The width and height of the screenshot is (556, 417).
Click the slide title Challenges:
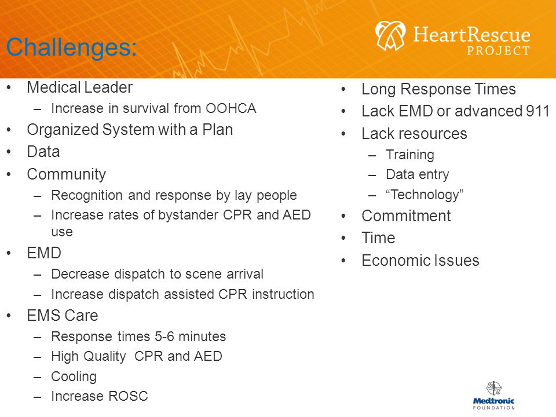pos(71,47)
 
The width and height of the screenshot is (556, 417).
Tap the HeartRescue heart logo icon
pos(390,35)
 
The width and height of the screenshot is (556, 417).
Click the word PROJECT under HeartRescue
pos(498,51)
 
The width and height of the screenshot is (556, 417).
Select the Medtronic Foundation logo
pos(493,396)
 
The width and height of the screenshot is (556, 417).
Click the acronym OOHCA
pos(231,108)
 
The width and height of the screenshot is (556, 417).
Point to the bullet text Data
pos(43,152)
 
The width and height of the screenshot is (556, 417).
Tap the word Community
pos(66,174)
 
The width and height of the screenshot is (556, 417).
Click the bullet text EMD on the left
pos(44,253)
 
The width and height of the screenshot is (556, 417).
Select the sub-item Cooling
pos(74,376)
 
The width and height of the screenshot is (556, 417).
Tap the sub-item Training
pos(410,155)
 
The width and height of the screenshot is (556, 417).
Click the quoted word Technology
pos(425,195)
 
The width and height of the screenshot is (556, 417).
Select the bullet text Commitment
pos(406,216)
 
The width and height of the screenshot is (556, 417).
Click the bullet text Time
pos(378,238)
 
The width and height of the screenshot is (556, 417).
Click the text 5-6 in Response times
pos(164,336)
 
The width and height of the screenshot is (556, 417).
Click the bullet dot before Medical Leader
pos(9,88)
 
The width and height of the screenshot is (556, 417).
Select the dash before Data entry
pos(372,175)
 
